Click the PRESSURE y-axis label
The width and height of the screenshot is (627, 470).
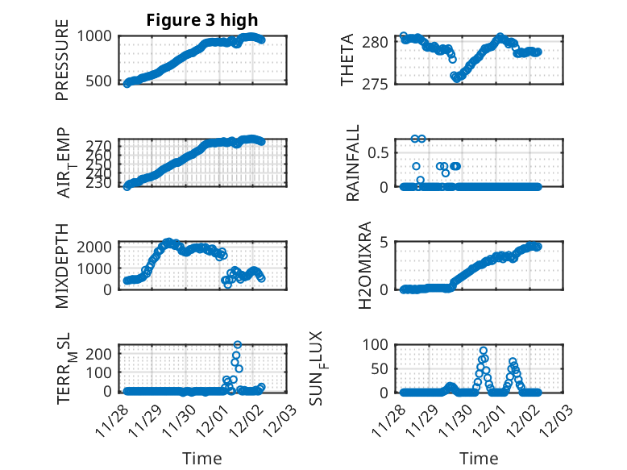[62, 60]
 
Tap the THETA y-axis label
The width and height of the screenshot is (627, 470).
[347, 60]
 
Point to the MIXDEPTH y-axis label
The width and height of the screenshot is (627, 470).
[62, 265]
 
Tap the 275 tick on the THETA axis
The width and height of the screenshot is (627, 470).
[381, 83]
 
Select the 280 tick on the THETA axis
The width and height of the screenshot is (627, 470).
[381, 41]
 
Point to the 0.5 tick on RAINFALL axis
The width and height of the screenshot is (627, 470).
[383, 152]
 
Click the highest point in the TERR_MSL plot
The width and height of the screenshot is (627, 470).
[238, 345]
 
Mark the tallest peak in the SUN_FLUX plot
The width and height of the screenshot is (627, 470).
[484, 351]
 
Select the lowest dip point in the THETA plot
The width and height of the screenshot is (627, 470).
[455, 78]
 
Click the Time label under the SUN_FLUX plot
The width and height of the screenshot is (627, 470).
[479, 459]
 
